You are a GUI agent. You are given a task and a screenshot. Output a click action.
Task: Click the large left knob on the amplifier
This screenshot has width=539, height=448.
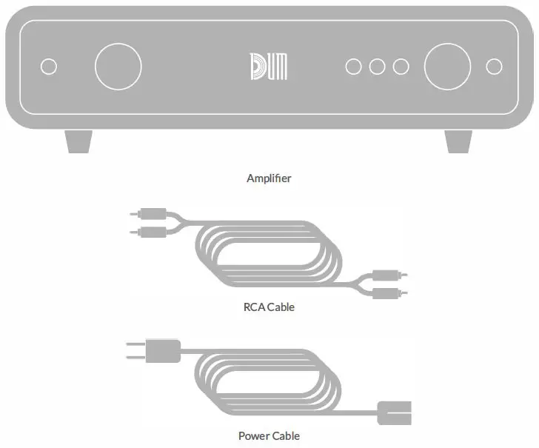[x=118, y=67]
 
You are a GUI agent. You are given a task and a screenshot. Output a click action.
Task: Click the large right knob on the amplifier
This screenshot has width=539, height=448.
[x=447, y=67]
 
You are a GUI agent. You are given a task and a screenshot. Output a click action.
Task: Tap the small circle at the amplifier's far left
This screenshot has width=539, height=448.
[x=49, y=67]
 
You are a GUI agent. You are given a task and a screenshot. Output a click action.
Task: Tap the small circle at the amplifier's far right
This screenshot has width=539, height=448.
[x=494, y=67]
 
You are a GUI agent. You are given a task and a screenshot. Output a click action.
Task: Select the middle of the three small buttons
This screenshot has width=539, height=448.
[x=378, y=67]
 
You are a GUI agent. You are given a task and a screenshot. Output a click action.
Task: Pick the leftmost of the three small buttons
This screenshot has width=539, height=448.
[x=354, y=67]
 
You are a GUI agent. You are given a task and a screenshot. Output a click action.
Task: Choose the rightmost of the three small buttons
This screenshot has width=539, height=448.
[x=401, y=67]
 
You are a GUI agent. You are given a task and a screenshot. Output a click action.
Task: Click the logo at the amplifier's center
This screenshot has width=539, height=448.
[x=269, y=67]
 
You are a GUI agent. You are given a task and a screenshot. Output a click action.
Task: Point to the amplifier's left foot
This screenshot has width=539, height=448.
[x=78, y=141]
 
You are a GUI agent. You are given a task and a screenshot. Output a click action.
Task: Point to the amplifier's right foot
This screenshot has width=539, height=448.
[x=458, y=141]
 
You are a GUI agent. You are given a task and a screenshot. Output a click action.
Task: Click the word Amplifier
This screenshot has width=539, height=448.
[x=269, y=178]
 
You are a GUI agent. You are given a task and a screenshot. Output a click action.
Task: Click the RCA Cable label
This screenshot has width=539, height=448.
[x=269, y=307]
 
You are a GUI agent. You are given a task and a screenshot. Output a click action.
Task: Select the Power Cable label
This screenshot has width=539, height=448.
[x=269, y=435]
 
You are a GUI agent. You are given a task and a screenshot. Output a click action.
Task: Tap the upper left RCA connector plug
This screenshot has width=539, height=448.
[x=151, y=215]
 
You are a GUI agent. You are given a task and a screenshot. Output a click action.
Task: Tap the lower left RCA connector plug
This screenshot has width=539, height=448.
[x=151, y=232]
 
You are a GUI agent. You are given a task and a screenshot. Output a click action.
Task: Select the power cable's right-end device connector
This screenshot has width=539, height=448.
[x=393, y=412]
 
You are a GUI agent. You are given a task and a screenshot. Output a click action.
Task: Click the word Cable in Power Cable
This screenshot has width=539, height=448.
[x=285, y=435]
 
